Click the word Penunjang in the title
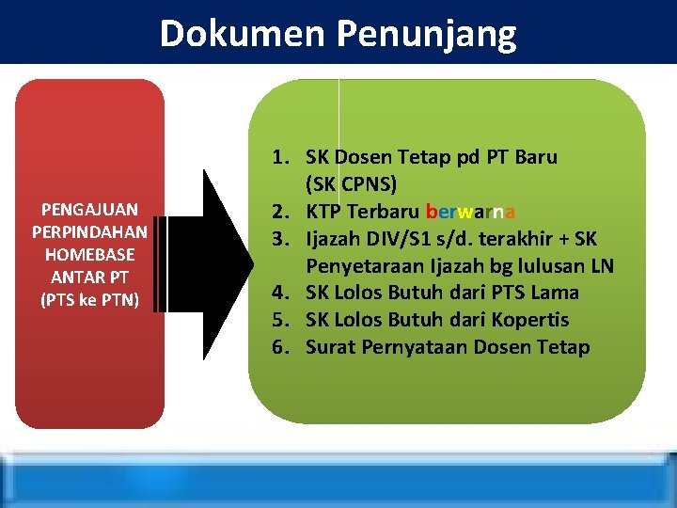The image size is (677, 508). click(425, 34)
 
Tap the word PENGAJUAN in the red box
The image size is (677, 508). click(89, 209)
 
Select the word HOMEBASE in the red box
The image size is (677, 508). click(89, 255)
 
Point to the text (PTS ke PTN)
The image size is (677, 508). click(89, 300)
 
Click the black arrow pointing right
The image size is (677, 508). click(226, 252)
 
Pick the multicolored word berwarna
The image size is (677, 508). click(469, 212)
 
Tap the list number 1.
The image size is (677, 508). click(282, 157)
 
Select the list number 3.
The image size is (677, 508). click(282, 239)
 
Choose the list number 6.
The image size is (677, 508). click(282, 348)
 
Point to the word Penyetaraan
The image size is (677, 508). click(366, 266)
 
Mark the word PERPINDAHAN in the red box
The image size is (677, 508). click(89, 231)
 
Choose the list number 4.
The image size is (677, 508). click(282, 294)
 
